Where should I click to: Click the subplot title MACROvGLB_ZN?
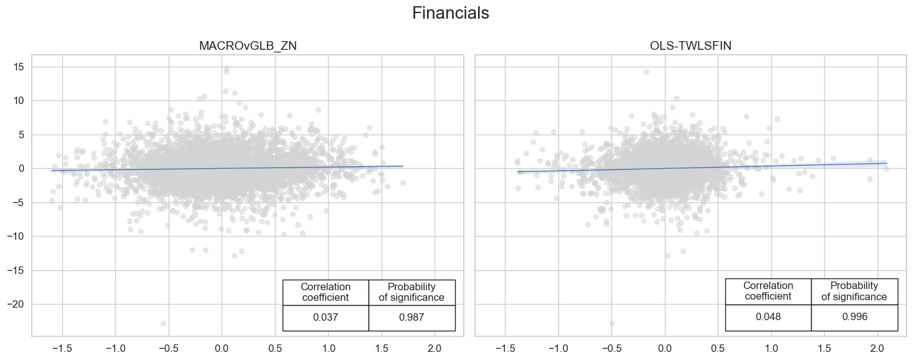(x=247, y=45)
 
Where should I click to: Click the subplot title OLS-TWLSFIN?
(x=690, y=45)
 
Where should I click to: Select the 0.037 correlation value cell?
(x=325, y=318)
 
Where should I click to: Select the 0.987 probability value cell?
(x=411, y=318)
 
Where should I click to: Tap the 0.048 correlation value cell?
(x=768, y=317)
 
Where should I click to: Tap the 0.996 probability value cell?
(x=854, y=317)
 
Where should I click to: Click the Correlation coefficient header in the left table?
(x=325, y=292)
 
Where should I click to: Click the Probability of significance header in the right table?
(x=854, y=291)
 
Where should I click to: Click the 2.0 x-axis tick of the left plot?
(x=435, y=346)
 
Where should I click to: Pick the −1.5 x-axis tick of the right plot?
(x=504, y=346)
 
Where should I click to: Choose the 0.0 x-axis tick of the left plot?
(x=222, y=346)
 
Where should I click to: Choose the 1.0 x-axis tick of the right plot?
(x=771, y=346)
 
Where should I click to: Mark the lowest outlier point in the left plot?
(x=163, y=323)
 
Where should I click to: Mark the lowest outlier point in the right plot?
(x=612, y=323)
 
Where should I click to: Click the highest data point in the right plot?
(x=646, y=72)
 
